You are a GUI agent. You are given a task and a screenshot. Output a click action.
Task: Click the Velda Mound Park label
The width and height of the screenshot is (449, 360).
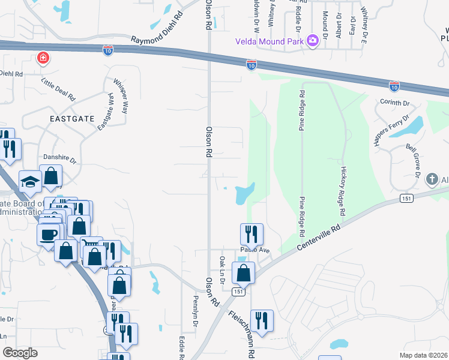(270, 41)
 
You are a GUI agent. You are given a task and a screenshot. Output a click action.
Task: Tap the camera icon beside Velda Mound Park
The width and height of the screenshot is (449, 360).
(312, 41)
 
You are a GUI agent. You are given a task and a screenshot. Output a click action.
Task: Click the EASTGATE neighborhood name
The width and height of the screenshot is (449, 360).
(72, 118)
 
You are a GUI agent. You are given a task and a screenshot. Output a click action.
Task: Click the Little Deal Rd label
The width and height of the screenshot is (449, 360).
(58, 88)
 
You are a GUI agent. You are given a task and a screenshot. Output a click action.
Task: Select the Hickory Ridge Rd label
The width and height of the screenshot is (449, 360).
(343, 191)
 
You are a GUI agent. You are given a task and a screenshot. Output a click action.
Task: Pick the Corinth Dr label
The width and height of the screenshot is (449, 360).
(394, 103)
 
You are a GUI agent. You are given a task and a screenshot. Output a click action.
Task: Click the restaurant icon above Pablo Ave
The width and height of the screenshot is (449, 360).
(252, 233)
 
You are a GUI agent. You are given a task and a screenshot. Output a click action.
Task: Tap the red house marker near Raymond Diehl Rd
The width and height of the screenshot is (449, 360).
(43, 58)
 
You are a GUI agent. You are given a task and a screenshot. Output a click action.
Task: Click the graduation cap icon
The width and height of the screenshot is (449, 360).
(31, 181)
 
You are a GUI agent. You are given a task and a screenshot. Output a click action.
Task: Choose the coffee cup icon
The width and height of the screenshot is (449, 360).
(48, 233)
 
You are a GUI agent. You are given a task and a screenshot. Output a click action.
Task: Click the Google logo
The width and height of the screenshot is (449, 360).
(20, 353)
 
